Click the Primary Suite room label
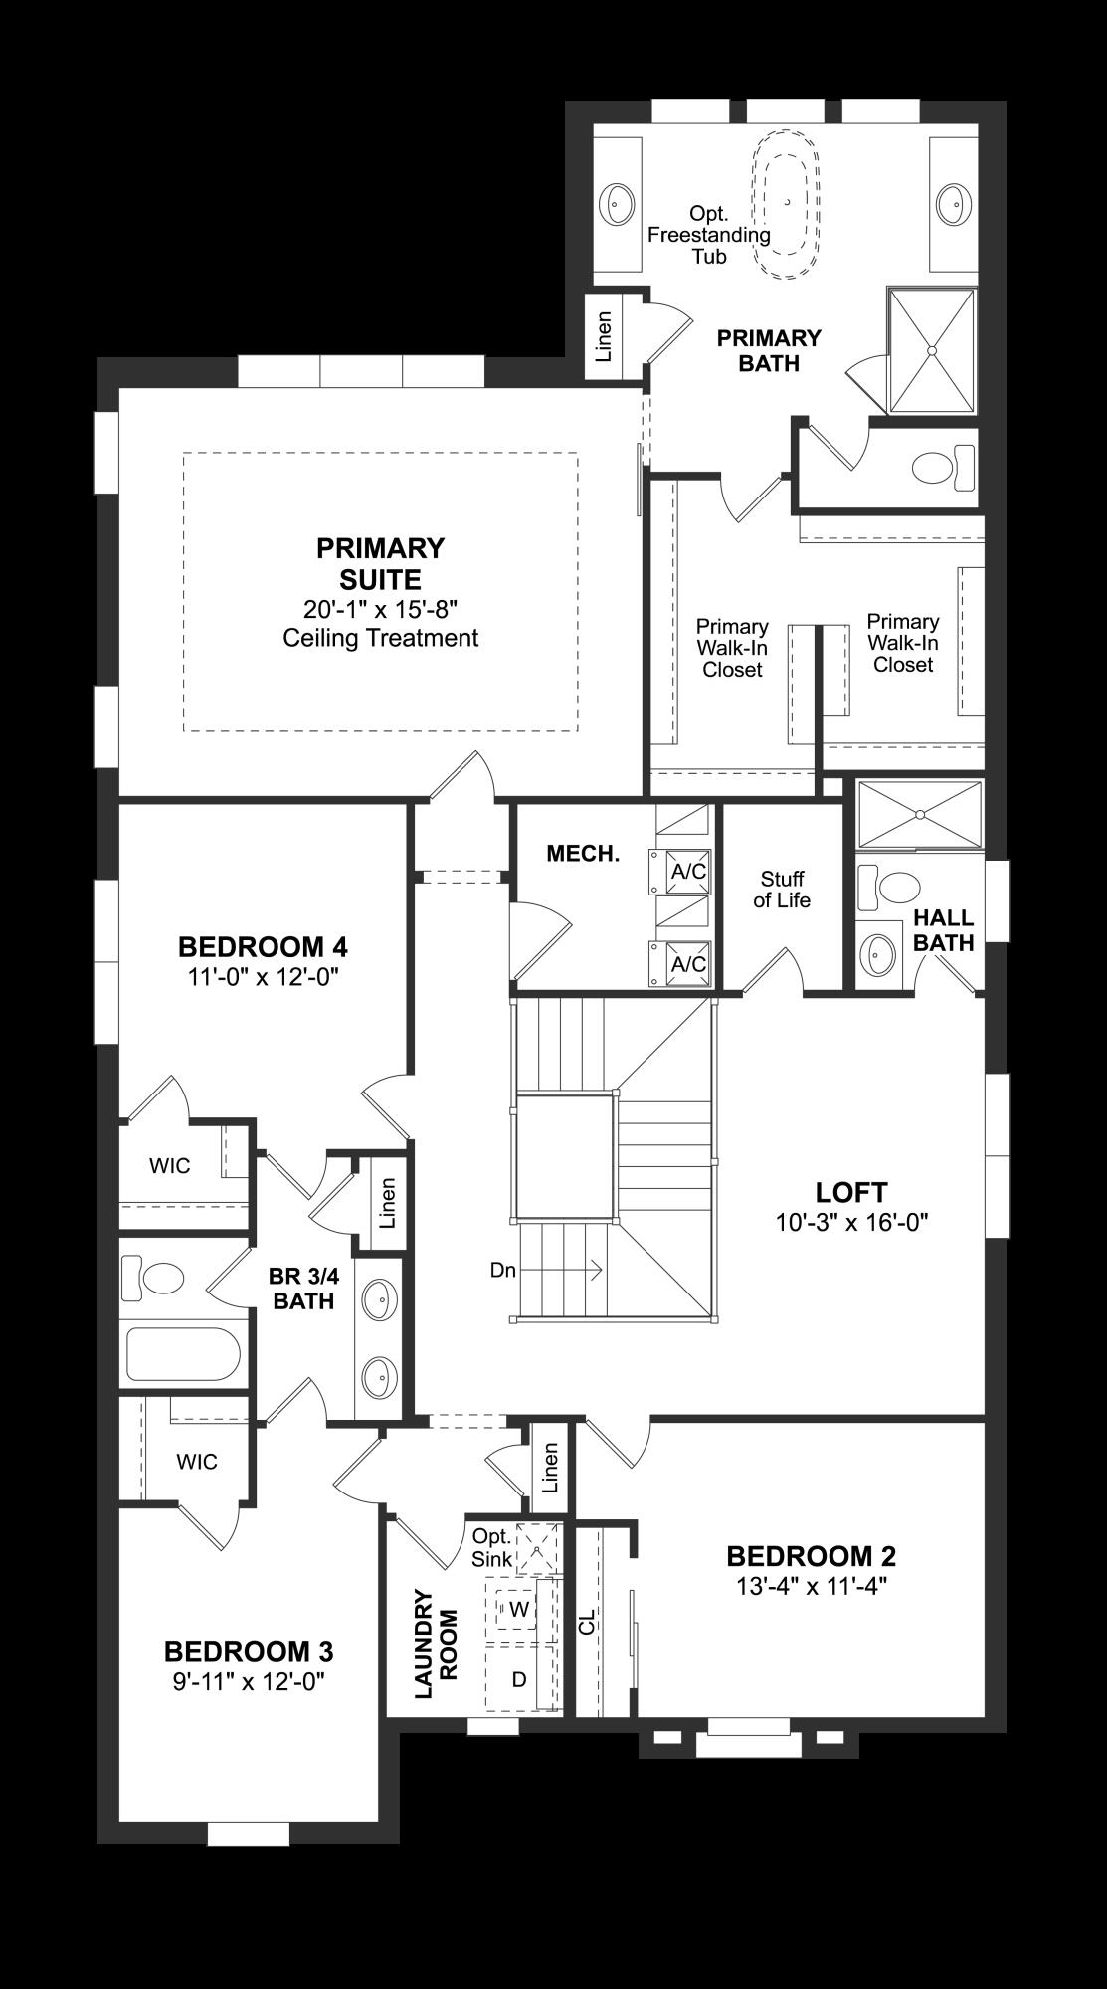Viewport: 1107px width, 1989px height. point(381,563)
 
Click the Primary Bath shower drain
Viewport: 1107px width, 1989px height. point(932,349)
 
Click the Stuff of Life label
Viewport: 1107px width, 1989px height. point(782,890)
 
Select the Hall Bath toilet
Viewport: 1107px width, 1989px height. point(893,886)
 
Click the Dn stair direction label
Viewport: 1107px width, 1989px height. point(503,1270)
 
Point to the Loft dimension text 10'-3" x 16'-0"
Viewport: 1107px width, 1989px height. point(851,1222)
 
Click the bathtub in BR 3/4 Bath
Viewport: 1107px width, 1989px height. point(184,1354)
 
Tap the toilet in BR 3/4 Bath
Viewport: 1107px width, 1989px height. point(156,1278)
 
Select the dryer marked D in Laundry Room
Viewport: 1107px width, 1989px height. point(518,1679)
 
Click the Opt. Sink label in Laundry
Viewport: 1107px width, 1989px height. point(491,1548)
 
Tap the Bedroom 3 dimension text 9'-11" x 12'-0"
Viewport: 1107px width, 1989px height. point(248,1681)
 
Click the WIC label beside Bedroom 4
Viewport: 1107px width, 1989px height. point(170,1165)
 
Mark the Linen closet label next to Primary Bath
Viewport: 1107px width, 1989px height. point(604,336)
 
